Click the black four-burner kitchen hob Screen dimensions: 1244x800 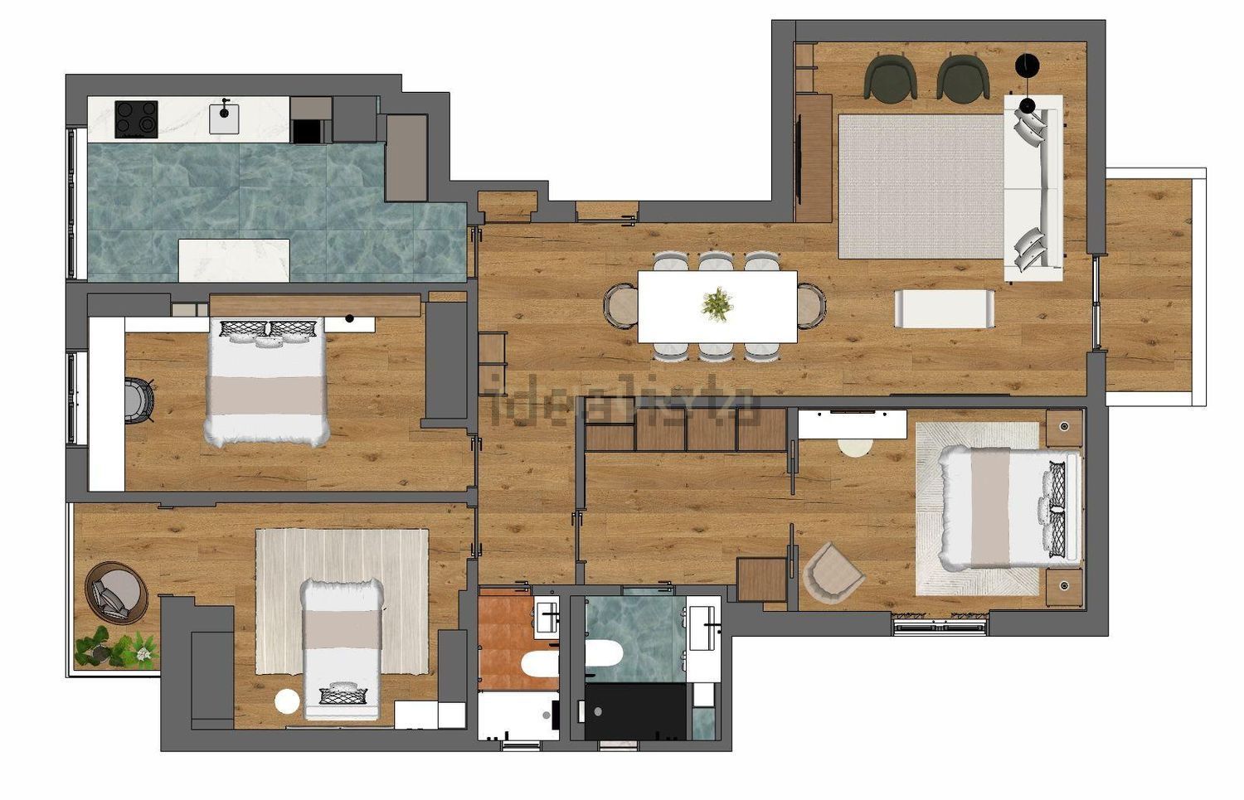pyautogui.click(x=136, y=119)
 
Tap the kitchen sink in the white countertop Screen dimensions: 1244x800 pyautogui.click(x=224, y=118)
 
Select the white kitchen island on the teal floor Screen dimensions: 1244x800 pyautogui.click(x=234, y=260)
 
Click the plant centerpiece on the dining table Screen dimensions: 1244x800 pyautogui.click(x=717, y=304)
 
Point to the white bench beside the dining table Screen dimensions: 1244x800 pyautogui.click(x=944, y=308)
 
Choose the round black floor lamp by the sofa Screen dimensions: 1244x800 pyautogui.click(x=1027, y=65)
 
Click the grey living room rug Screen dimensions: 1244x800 pyautogui.click(x=921, y=187)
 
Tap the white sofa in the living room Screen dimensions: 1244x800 pyautogui.click(x=1033, y=188)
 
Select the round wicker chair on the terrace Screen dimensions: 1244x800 pyautogui.click(x=117, y=592)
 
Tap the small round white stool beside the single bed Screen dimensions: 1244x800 pyautogui.click(x=287, y=701)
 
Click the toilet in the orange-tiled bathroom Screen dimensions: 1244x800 pyautogui.click(x=540, y=665)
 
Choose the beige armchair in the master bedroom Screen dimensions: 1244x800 pyautogui.click(x=831, y=572)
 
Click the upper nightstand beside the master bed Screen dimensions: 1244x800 pyautogui.click(x=1064, y=428)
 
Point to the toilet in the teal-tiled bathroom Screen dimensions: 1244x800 pyautogui.click(x=603, y=654)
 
